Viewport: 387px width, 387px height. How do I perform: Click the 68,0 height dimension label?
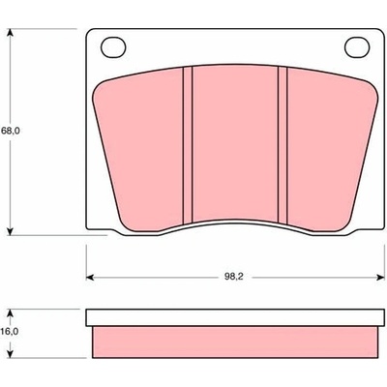11,132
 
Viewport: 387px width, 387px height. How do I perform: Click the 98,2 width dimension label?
234,277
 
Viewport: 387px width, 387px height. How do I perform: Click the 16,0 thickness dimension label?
11,331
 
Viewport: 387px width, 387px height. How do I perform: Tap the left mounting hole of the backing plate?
113,47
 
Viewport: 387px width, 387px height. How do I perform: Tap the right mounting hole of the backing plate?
357,47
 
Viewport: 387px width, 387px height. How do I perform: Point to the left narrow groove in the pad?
188,145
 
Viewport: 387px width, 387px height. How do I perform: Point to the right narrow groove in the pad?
283,145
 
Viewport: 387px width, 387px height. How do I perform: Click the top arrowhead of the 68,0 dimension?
11,33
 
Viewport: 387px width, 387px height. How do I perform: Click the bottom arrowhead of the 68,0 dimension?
11,231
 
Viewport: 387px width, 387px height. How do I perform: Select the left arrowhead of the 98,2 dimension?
90,277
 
